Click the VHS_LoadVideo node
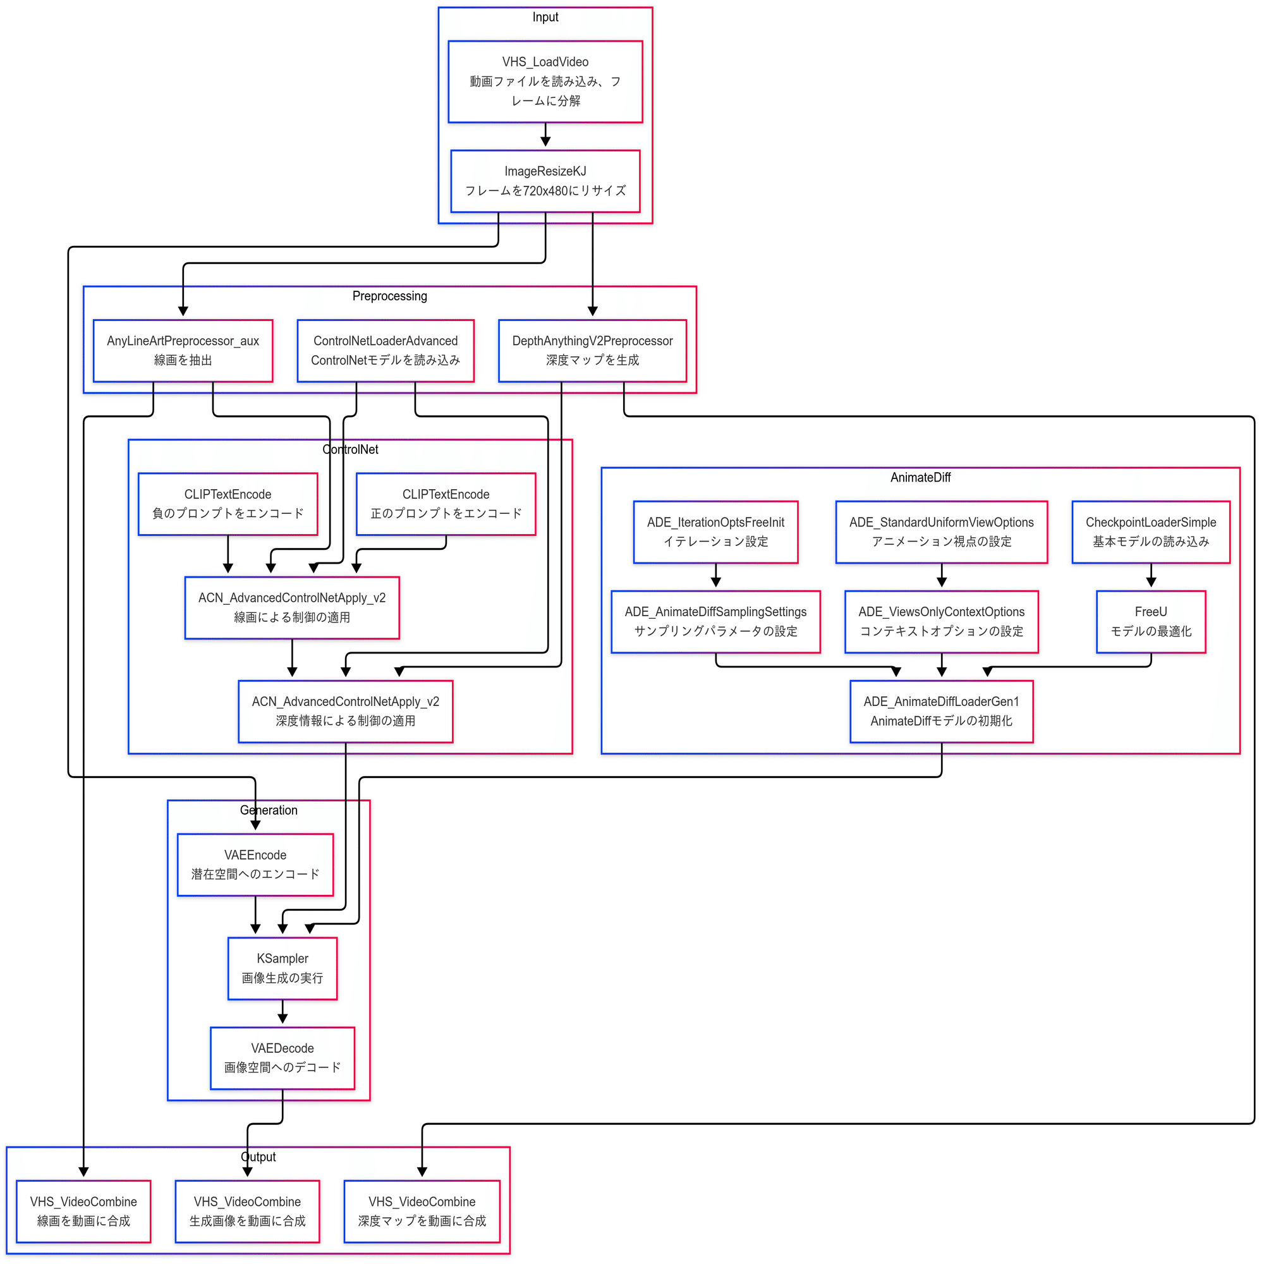(545, 82)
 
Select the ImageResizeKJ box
(545, 181)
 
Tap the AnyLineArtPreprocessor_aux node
(183, 351)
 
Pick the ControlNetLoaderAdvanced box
(386, 351)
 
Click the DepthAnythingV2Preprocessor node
(592, 351)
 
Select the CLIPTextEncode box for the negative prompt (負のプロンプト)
(228, 504)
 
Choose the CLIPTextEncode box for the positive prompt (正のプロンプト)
(446, 504)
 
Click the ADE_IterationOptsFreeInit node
(716, 532)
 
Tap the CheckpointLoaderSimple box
(1151, 532)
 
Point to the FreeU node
(1151, 621)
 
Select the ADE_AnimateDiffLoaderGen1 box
(942, 711)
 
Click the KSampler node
(283, 968)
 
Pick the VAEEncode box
(255, 865)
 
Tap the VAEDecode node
(283, 1058)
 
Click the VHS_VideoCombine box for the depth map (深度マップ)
(422, 1212)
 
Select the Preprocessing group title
(390, 296)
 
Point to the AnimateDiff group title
(921, 478)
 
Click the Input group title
(545, 17)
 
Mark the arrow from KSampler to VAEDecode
(283, 1012)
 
